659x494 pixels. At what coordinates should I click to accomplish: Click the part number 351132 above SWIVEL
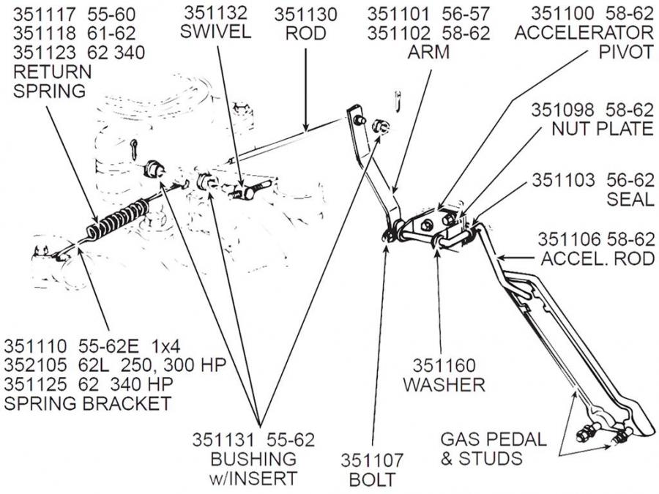(x=216, y=13)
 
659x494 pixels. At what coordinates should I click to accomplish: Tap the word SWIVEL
(x=217, y=33)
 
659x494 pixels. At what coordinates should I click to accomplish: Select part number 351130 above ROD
(x=305, y=13)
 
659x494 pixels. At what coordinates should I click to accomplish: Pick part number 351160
(x=444, y=364)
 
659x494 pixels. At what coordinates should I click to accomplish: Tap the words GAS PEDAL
(x=493, y=439)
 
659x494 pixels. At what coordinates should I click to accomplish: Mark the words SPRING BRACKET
(x=87, y=403)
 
